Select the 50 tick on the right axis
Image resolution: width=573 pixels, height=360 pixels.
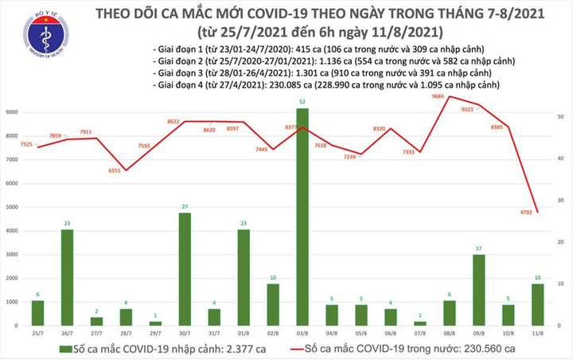pos(561,117)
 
